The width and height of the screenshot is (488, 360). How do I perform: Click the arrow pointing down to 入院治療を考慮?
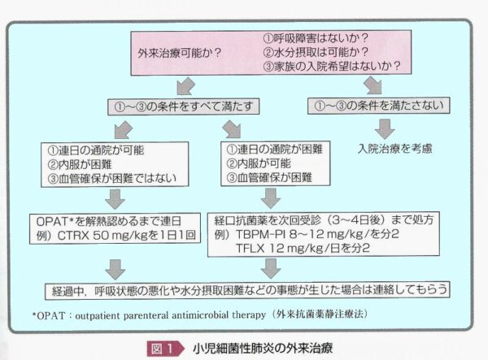point(384,128)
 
